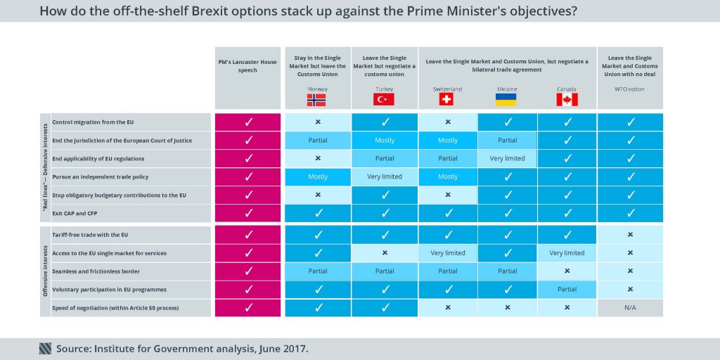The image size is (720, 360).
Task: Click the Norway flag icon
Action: coord(316,100)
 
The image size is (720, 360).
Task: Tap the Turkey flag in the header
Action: coord(384,100)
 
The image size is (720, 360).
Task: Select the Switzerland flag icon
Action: coord(446,100)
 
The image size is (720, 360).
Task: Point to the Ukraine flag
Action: coord(506,100)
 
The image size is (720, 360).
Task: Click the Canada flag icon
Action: coord(567,100)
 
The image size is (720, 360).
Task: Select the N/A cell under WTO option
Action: coord(630,307)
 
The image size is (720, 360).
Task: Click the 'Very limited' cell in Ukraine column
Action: coord(507,158)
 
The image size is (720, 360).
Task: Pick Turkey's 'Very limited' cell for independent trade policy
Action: coord(385,176)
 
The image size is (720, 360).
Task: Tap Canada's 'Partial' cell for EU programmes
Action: coord(567,289)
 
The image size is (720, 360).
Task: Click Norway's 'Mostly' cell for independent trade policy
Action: coord(318,176)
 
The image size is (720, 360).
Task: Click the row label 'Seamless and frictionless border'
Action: coord(96,271)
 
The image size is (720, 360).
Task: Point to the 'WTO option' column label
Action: coord(630,89)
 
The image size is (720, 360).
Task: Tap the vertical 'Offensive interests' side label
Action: coord(45,271)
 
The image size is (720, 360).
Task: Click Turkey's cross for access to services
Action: coord(385,252)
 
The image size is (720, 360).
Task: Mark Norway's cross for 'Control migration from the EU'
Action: coord(318,122)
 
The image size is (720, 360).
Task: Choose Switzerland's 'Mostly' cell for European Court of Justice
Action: coord(447,140)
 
